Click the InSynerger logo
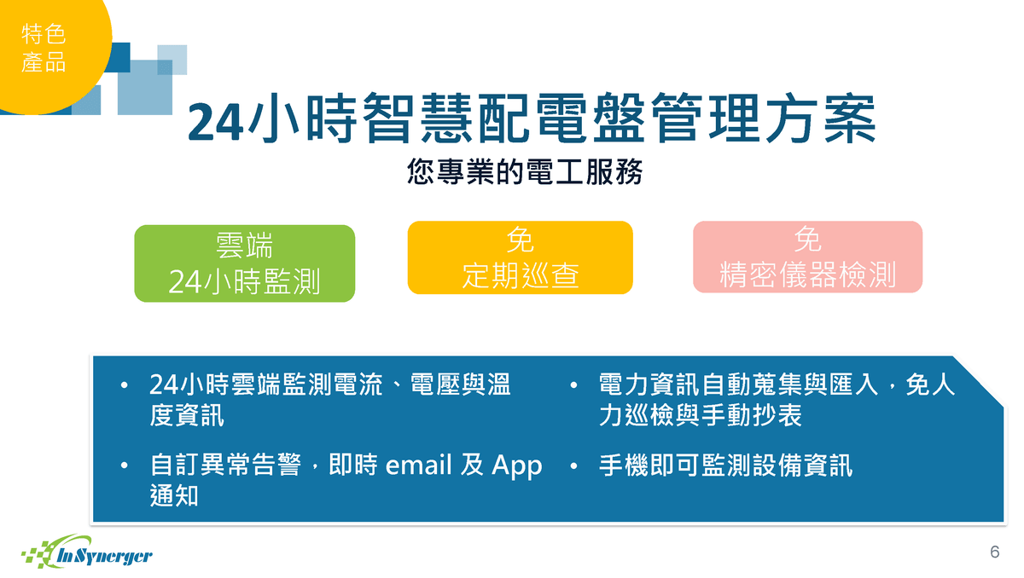point(87,552)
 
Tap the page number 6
point(995,552)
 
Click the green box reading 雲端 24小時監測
point(245,263)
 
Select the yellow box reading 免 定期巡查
point(521,257)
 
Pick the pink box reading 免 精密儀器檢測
point(808,257)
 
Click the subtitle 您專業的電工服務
point(525,172)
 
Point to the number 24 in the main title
point(215,122)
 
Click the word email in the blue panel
point(419,465)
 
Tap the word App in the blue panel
point(517,466)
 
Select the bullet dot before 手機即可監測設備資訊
point(574,466)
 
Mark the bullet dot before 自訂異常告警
point(125,465)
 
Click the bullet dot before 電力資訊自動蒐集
point(574,385)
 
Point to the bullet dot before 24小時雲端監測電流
point(125,385)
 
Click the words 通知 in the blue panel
point(174,496)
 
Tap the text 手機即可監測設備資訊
point(726,465)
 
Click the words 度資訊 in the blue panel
point(187,415)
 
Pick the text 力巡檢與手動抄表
point(701,415)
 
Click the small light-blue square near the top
point(172,60)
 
